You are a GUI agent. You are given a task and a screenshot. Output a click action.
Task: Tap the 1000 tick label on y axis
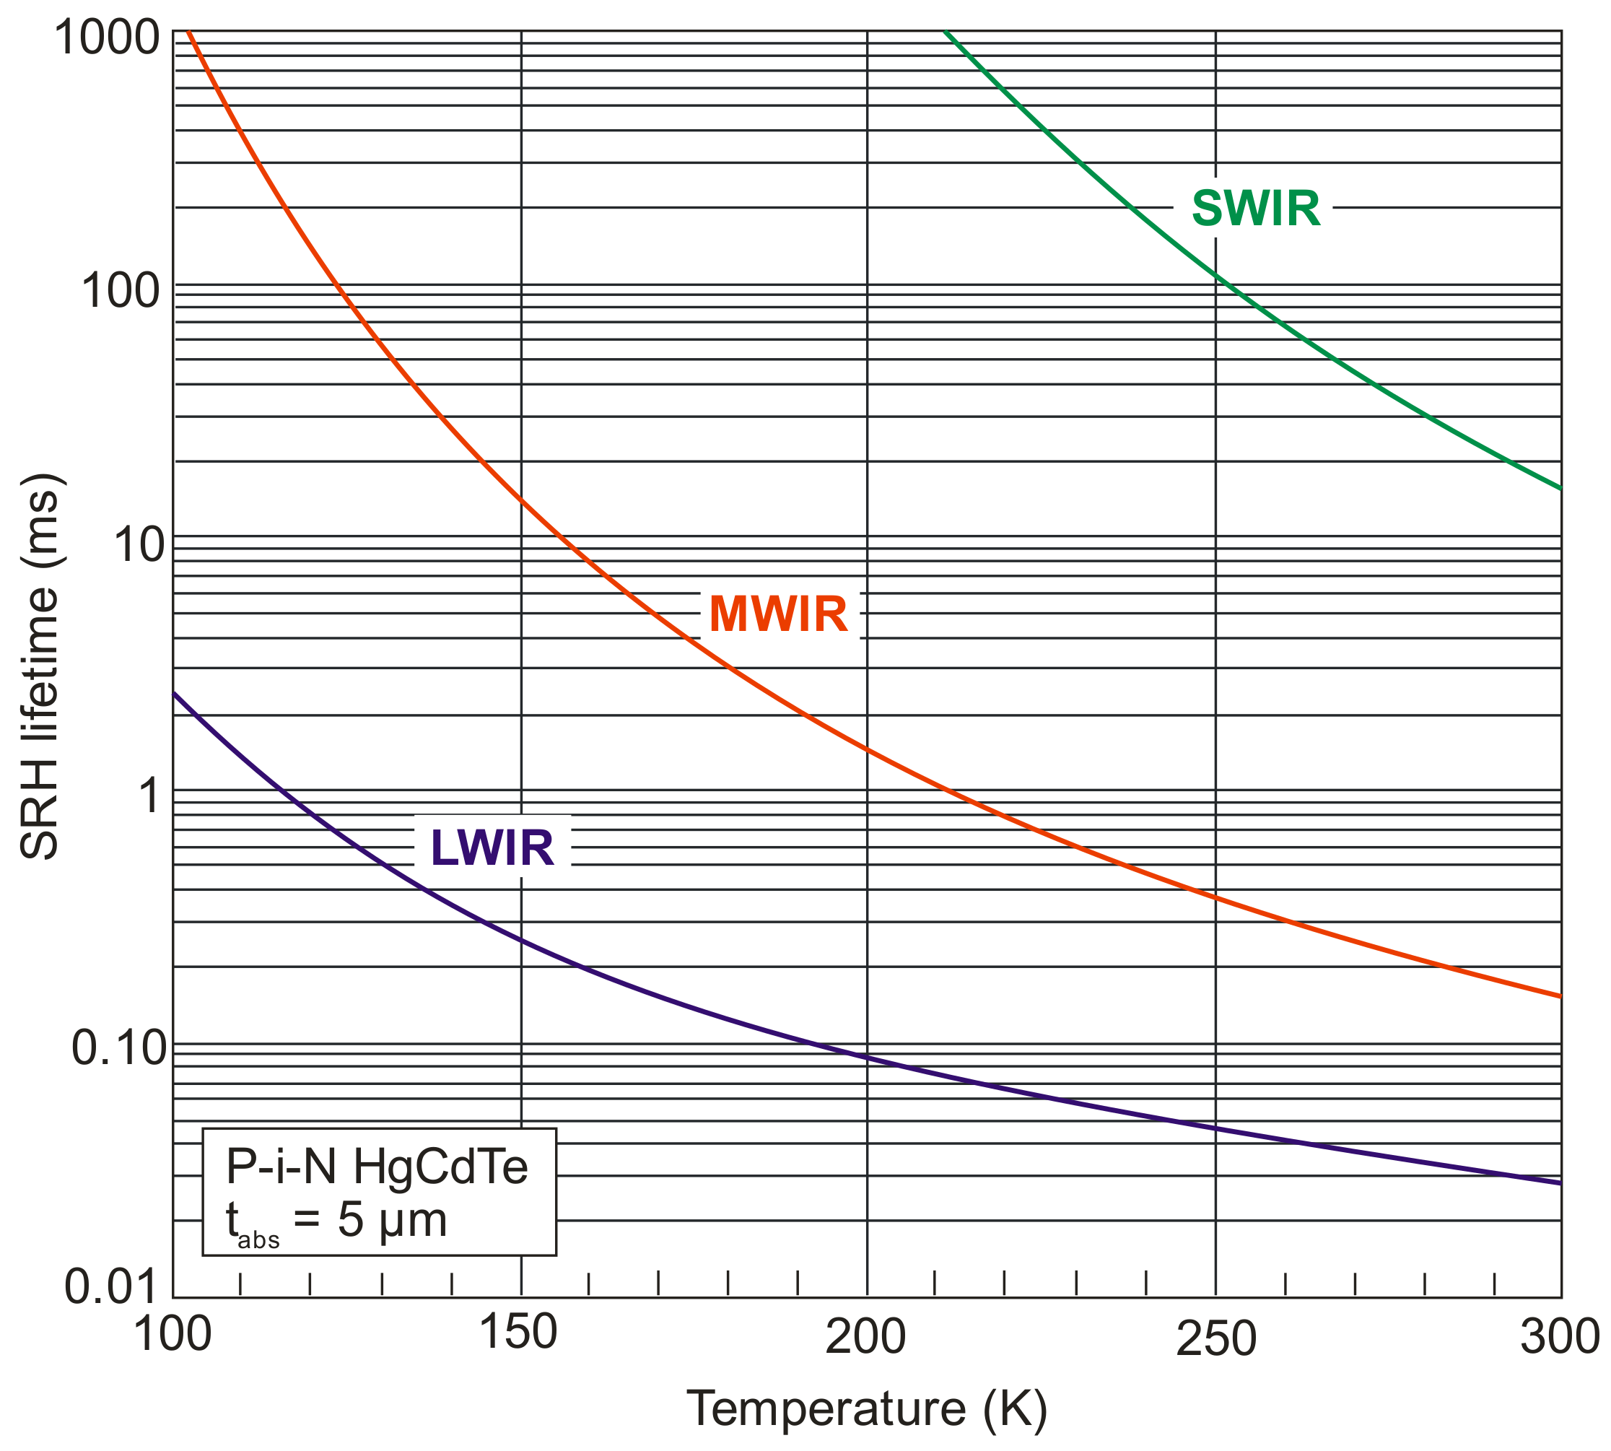108,37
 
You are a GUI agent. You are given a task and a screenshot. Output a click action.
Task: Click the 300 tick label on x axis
1559,1336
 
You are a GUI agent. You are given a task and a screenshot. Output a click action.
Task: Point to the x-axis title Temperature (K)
866,1408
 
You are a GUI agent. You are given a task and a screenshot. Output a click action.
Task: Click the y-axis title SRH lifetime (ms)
40,666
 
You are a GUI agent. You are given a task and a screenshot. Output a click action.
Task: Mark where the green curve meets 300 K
1559,488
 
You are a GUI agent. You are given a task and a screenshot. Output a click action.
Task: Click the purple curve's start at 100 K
175,694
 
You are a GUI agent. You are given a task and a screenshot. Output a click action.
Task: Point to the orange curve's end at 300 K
1559,995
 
